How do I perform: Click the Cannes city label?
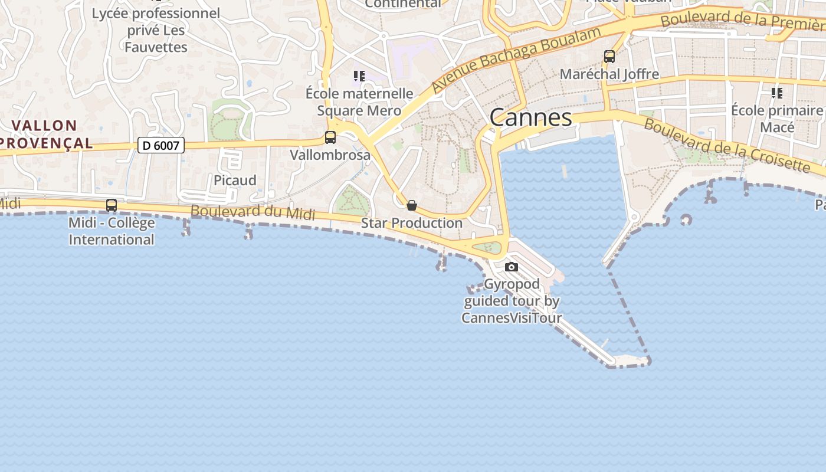click(x=530, y=117)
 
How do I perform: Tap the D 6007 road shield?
click(x=161, y=145)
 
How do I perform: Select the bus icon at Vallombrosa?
click(x=330, y=137)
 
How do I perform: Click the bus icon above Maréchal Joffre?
click(x=609, y=57)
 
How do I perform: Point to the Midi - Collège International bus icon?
click(x=112, y=205)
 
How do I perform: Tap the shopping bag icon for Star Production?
click(x=412, y=205)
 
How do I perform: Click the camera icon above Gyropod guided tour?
click(x=512, y=267)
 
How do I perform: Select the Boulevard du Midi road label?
click(x=253, y=212)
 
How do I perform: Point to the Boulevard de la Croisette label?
click(x=727, y=145)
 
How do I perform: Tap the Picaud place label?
click(x=235, y=181)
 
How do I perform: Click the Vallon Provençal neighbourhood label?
click(x=45, y=134)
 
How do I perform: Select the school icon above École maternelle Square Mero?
click(x=359, y=76)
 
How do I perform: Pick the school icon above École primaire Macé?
click(x=777, y=93)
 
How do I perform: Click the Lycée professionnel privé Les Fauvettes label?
click(x=156, y=30)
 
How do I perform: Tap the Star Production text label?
click(x=412, y=223)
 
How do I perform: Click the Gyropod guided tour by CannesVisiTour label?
click(x=512, y=301)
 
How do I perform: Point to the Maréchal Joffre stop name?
click(x=609, y=74)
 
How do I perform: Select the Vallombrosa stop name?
click(x=330, y=155)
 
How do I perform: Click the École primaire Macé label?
click(x=777, y=119)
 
